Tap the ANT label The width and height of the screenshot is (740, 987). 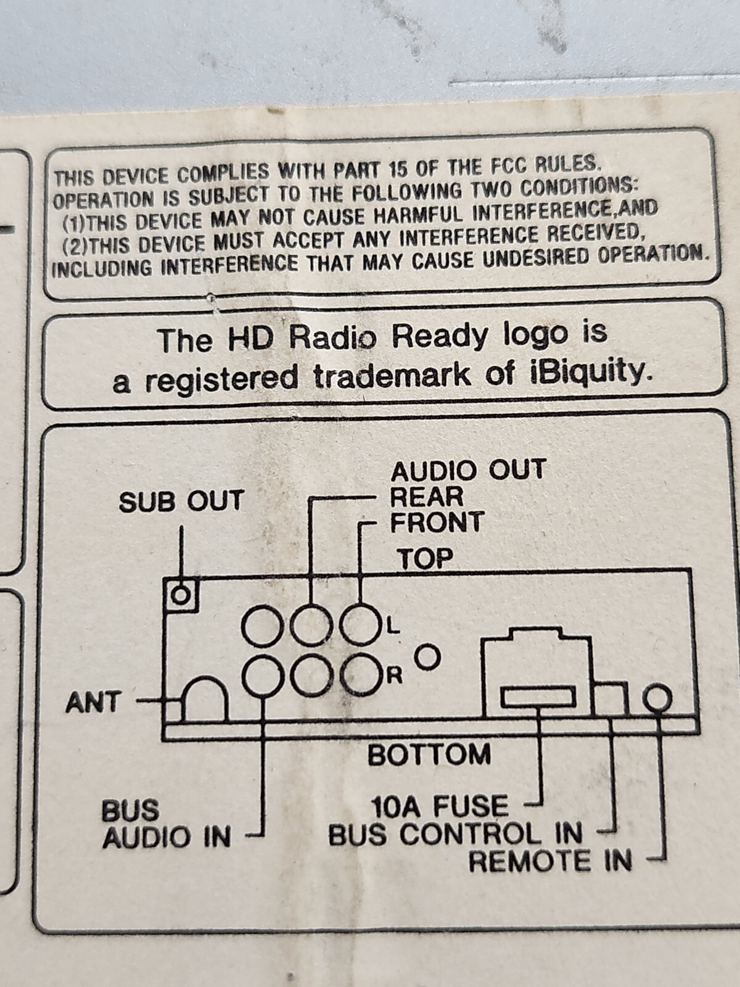[x=94, y=714]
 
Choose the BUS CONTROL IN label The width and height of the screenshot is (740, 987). [x=455, y=834]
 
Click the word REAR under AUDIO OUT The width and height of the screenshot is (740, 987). [x=426, y=497]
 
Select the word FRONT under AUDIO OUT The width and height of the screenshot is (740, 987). [x=436, y=522]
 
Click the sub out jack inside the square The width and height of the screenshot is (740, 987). [x=181, y=597]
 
